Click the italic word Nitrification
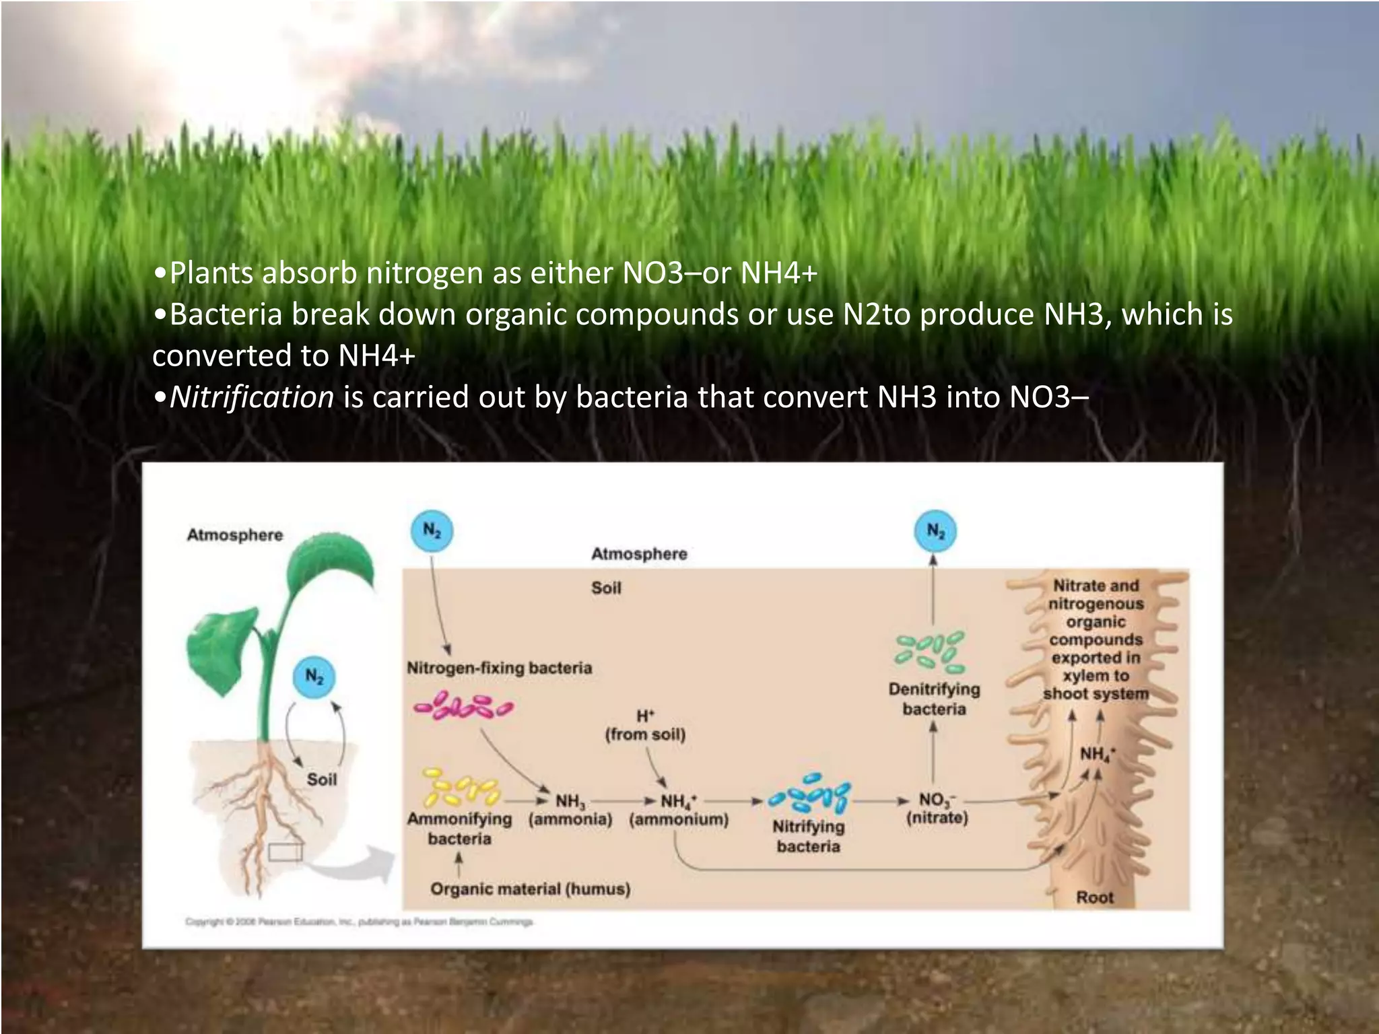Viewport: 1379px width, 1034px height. click(x=252, y=397)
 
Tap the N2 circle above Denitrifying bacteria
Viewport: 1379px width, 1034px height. click(x=936, y=531)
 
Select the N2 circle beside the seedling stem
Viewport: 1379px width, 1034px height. click(x=314, y=677)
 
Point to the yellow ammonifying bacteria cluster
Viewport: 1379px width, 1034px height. click(x=461, y=789)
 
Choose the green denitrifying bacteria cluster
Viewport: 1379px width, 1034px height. click(x=930, y=651)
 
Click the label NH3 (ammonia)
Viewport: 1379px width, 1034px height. click(x=570, y=810)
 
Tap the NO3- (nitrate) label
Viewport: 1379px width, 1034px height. click(x=937, y=808)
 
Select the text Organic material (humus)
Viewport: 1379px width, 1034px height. click(x=531, y=889)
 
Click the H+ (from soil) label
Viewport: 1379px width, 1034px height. click(x=645, y=725)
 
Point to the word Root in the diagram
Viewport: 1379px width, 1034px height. click(x=1095, y=897)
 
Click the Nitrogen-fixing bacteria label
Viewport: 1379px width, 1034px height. click(x=499, y=668)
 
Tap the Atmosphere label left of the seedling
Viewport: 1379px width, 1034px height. click(x=234, y=535)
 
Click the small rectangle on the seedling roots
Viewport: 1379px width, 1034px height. click(x=285, y=852)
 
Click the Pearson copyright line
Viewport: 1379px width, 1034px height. click(x=360, y=922)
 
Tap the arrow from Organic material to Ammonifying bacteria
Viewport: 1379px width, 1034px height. click(x=459, y=864)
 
